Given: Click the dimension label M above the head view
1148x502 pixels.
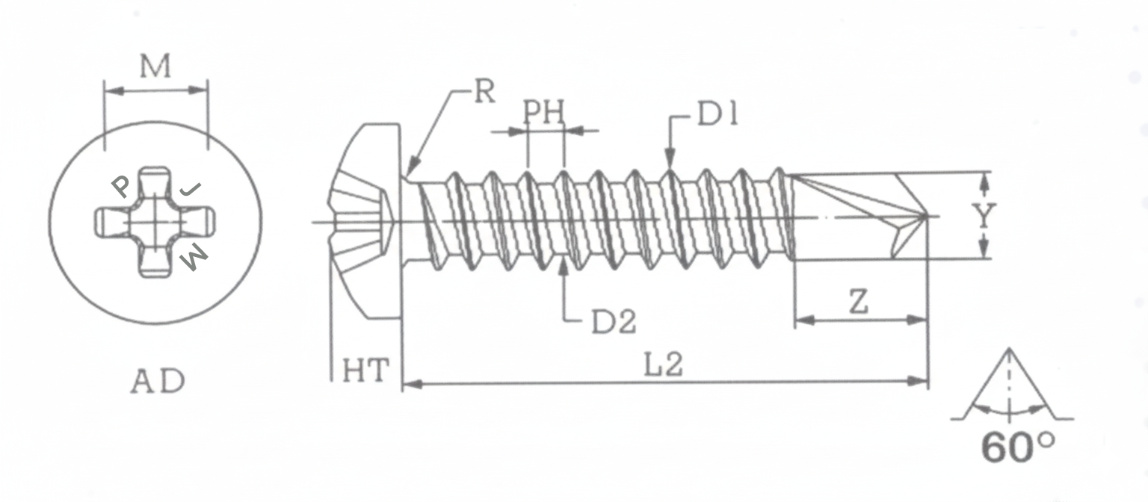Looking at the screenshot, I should [x=155, y=67].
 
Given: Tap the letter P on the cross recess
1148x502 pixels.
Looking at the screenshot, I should [x=120, y=186].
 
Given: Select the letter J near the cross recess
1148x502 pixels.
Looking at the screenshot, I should [x=191, y=189].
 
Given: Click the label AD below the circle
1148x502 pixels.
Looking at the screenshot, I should [x=158, y=382].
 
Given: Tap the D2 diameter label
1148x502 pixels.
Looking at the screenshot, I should [x=614, y=322].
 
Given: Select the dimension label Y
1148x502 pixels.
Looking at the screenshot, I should [x=986, y=216].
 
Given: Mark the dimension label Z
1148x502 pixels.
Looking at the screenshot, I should [x=860, y=303].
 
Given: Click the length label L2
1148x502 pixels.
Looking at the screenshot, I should [x=664, y=365].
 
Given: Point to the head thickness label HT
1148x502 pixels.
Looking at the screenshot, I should [x=365, y=371].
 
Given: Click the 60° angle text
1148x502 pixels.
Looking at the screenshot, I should [x=1018, y=448].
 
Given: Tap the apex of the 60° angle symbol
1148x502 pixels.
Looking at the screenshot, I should [x=1010, y=349].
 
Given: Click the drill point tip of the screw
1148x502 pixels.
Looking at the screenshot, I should [x=928, y=216].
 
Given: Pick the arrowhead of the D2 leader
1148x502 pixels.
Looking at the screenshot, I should [x=563, y=264].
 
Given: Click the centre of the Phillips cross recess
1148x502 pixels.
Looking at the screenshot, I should [x=155, y=221].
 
